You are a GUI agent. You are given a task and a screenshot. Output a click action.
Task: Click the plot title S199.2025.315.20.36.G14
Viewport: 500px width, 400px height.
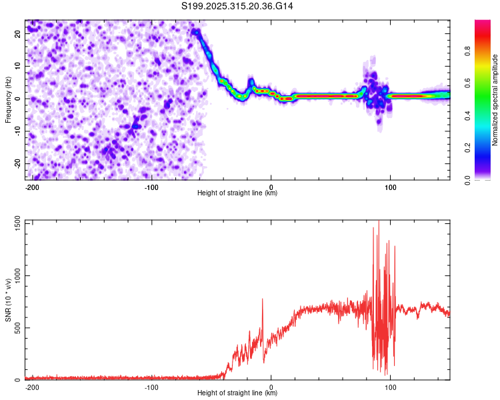pos(237,6)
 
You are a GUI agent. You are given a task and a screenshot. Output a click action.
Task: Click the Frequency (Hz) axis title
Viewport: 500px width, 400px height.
pos(8,100)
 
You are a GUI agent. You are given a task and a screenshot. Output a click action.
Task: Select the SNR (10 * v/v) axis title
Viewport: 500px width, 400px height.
pos(8,301)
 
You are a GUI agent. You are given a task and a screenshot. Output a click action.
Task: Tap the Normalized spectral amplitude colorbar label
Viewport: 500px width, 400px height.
pos(495,100)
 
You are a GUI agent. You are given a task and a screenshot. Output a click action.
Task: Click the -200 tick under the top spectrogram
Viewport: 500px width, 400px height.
pos(31,187)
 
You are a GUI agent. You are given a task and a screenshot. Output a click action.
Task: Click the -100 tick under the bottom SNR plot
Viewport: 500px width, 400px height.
pos(151,387)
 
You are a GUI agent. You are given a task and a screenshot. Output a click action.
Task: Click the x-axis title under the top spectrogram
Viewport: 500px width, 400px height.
pos(238,193)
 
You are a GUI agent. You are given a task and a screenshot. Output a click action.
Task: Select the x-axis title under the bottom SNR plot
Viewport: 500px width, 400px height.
pos(238,393)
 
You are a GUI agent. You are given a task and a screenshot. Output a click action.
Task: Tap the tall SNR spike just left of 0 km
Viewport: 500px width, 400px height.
pos(263,300)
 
